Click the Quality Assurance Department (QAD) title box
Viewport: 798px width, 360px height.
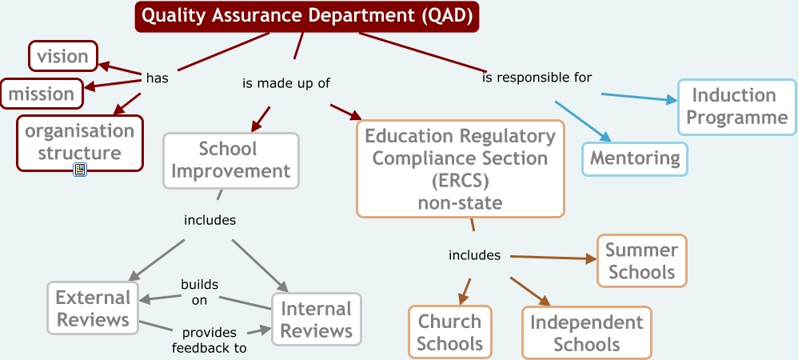click(307, 16)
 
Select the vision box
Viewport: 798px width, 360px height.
click(63, 56)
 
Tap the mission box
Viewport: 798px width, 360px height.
click(42, 94)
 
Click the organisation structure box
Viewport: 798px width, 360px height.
click(80, 143)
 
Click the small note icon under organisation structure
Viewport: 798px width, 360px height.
click(80, 170)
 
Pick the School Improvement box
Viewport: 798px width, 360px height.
click(231, 160)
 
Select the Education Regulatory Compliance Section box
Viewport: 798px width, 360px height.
click(461, 169)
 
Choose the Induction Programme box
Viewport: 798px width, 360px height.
click(737, 107)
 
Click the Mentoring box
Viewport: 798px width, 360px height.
click(635, 159)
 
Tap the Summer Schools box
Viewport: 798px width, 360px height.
click(642, 261)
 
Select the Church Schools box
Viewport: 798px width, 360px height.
click(450, 332)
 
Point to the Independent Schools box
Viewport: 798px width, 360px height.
click(587, 333)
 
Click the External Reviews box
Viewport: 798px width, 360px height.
click(93, 308)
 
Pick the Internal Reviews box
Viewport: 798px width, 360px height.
click(317, 319)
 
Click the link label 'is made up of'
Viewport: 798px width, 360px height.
click(286, 83)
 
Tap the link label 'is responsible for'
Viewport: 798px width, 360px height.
click(537, 78)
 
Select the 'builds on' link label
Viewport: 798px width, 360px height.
click(200, 292)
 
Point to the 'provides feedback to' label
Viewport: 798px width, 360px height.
click(209, 340)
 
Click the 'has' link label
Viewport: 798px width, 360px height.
click(158, 78)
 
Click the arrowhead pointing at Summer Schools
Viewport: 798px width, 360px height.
click(592, 259)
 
